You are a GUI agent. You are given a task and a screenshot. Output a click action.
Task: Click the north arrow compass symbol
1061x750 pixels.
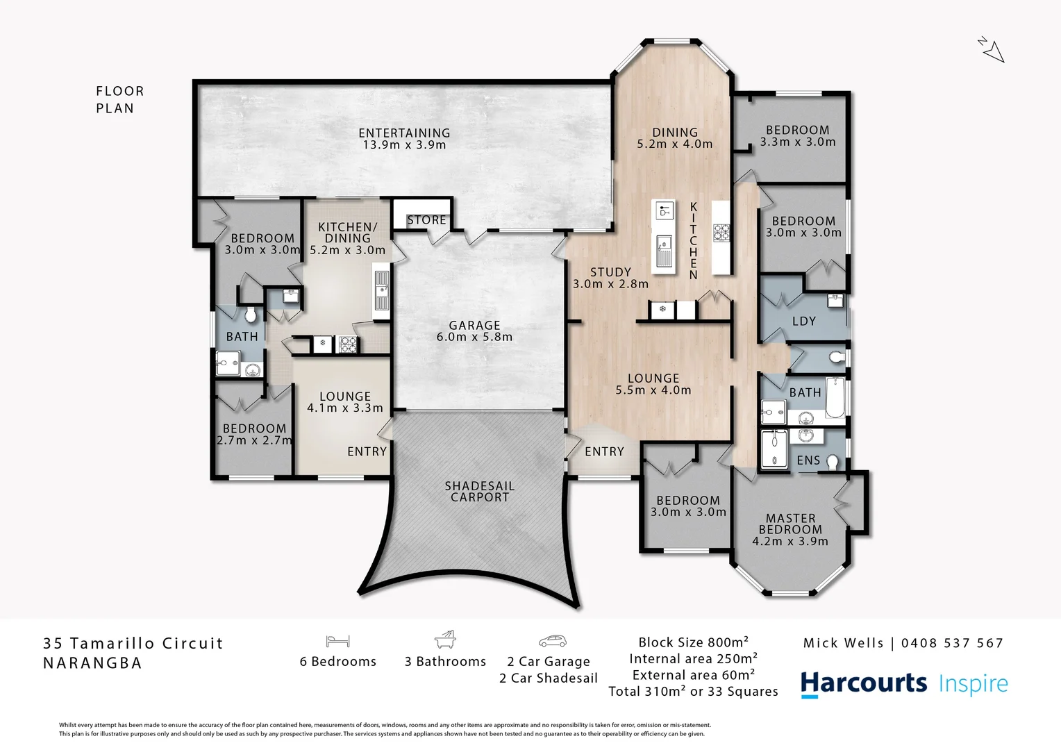click(x=992, y=49)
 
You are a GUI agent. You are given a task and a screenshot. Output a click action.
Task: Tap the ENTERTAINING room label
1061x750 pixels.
click(x=404, y=139)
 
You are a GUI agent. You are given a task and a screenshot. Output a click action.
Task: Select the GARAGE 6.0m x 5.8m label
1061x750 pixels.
click(x=474, y=331)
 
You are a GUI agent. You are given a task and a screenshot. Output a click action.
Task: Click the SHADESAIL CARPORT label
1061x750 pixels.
click(x=479, y=492)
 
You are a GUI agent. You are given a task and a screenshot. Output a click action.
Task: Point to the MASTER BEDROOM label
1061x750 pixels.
click(x=790, y=529)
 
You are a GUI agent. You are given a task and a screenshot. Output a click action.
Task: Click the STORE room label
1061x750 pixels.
click(x=426, y=220)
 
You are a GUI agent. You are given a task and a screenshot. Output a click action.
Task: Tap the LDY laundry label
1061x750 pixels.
click(x=803, y=322)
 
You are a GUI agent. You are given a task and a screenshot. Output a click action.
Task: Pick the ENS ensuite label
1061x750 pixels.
click(x=808, y=460)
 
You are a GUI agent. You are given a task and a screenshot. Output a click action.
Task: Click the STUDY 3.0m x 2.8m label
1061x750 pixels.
click(x=610, y=278)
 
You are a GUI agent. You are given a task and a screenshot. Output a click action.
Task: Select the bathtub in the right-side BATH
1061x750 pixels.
click(x=835, y=398)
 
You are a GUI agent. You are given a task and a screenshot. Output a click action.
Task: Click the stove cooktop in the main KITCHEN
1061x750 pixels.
click(x=721, y=232)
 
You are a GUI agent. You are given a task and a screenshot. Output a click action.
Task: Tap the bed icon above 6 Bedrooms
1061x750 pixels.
click(x=337, y=641)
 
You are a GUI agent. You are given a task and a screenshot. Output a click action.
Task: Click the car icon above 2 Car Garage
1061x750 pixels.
click(x=552, y=641)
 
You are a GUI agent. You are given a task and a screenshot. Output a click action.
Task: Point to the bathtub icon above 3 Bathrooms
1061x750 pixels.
click(x=445, y=640)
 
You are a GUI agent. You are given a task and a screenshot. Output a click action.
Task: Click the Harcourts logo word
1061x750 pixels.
click(x=863, y=684)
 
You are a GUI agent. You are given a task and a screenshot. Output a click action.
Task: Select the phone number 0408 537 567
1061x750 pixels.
click(x=952, y=643)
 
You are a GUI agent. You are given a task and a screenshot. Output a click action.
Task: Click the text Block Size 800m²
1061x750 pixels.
click(x=693, y=642)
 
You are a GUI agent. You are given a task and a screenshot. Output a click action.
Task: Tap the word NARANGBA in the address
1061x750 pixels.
click(x=92, y=663)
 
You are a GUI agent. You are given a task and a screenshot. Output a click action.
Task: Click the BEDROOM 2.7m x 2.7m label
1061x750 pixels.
click(x=254, y=434)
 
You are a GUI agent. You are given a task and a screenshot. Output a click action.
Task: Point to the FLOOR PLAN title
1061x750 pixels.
click(x=120, y=99)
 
